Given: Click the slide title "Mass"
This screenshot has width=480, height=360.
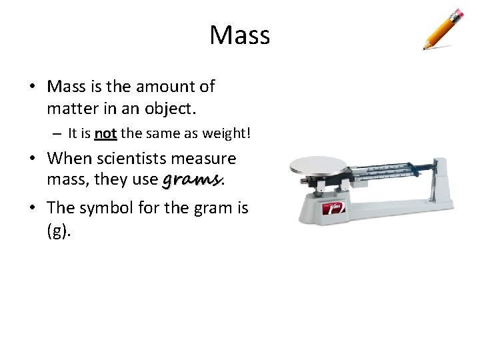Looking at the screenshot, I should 239,35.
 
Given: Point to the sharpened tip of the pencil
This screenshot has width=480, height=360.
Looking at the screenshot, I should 425,48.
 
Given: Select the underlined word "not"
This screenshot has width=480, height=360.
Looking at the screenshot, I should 105,134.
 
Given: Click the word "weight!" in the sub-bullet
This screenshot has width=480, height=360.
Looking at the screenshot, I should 227,134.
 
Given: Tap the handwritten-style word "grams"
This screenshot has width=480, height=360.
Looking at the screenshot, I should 191,180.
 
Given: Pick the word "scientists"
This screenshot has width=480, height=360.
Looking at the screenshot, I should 134,159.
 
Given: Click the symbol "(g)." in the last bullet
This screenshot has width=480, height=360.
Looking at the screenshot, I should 58,231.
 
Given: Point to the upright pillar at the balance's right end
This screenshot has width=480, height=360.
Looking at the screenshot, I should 441,181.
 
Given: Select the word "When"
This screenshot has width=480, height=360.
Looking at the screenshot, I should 69,159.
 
